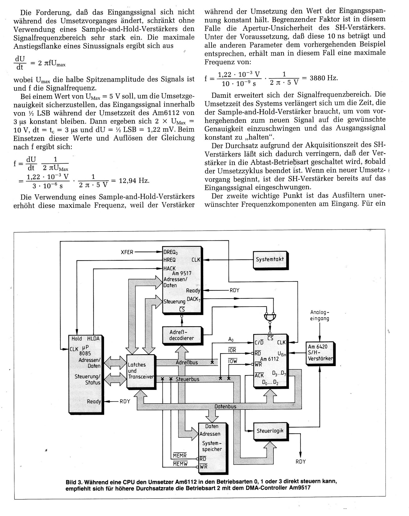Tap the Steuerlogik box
click(x=270, y=431)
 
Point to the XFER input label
click(x=127, y=252)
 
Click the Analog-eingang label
click(x=320, y=315)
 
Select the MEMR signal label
click(x=180, y=456)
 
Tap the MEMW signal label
click(x=180, y=464)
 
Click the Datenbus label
click(x=225, y=407)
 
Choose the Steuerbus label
click(x=187, y=379)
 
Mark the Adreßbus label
click(x=187, y=363)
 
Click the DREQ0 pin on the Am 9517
click(x=170, y=252)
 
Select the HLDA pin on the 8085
click(x=93, y=339)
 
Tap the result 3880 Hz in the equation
click(x=324, y=78)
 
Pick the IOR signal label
click(x=232, y=350)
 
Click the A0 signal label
click(x=231, y=340)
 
